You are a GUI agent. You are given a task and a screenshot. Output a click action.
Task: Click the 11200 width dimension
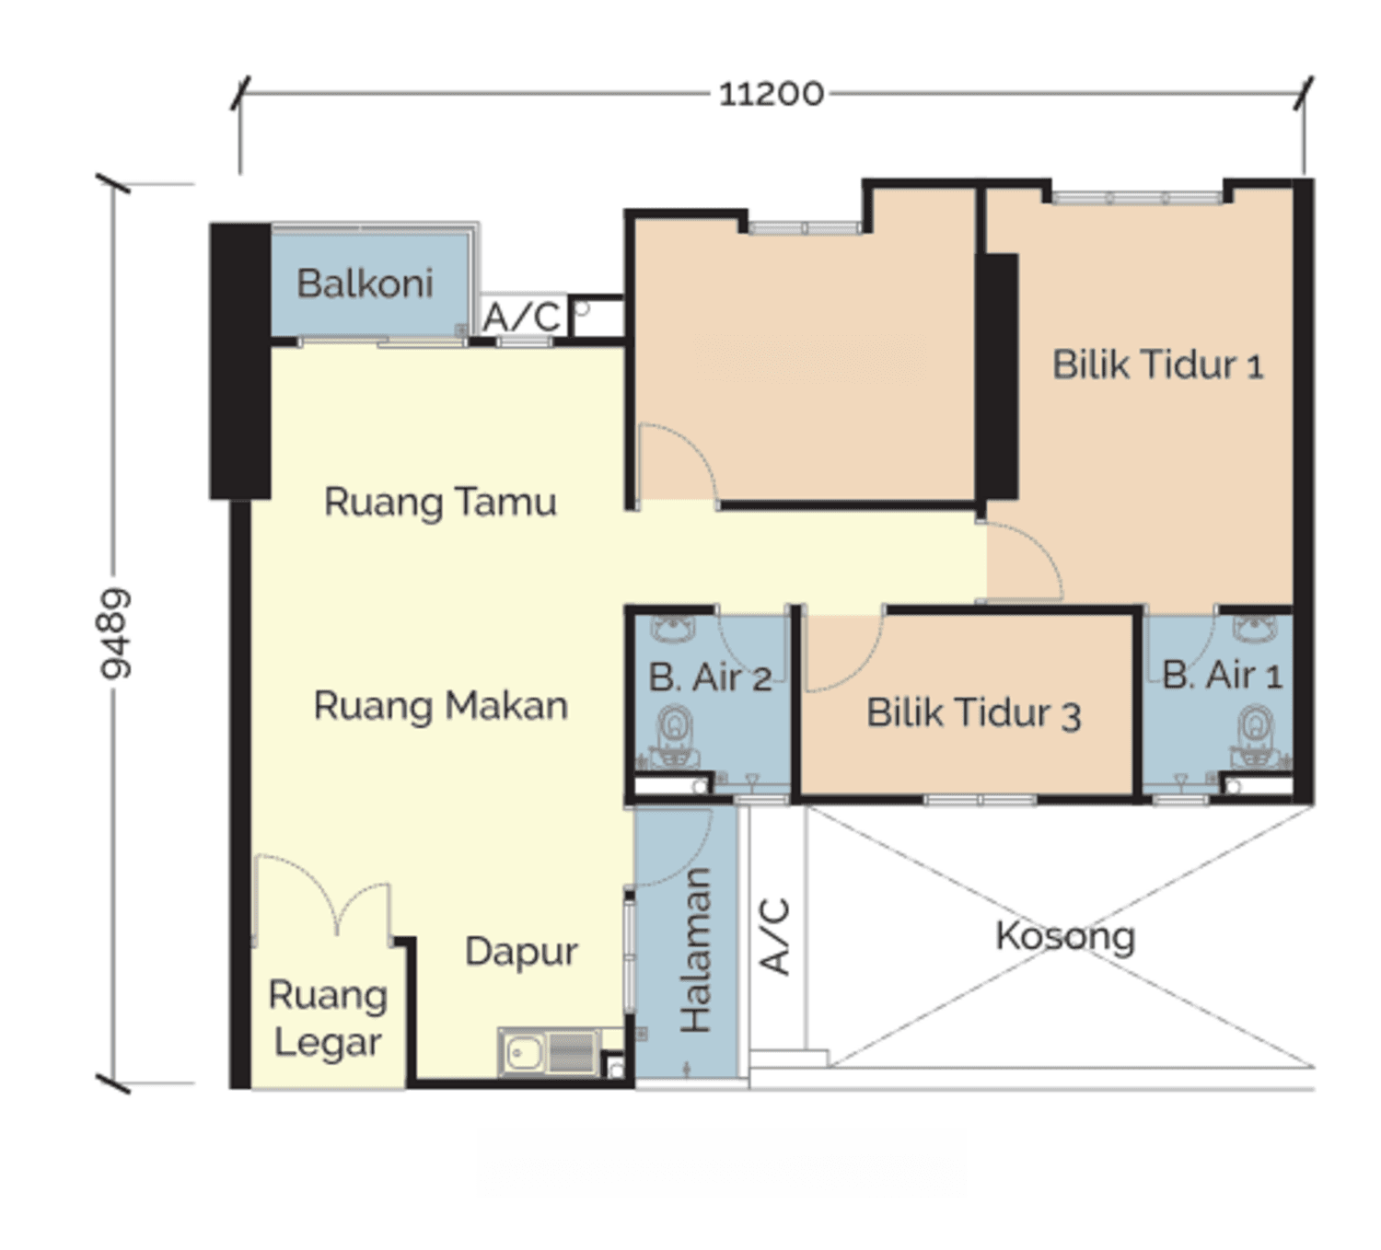point(771,94)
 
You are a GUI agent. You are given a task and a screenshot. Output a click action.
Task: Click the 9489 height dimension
point(114,632)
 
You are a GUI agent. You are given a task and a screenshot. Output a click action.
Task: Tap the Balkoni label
point(365,283)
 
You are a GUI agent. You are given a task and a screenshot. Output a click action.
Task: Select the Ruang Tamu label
point(440,502)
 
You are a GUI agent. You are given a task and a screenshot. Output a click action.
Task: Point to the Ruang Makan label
point(441,706)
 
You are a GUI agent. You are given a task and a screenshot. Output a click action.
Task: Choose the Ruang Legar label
point(328,1019)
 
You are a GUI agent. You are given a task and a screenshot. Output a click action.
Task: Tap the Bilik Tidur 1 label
point(1158,365)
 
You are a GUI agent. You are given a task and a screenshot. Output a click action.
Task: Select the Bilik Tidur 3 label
point(973,712)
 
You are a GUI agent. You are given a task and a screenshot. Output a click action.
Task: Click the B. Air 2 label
point(710,677)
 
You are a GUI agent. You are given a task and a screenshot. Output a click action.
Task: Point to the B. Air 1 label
point(1223,676)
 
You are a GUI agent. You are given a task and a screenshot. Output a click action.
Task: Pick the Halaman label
point(695,950)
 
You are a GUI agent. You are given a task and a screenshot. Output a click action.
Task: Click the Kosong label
point(1065,936)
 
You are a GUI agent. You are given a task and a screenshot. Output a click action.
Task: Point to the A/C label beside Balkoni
point(521,318)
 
